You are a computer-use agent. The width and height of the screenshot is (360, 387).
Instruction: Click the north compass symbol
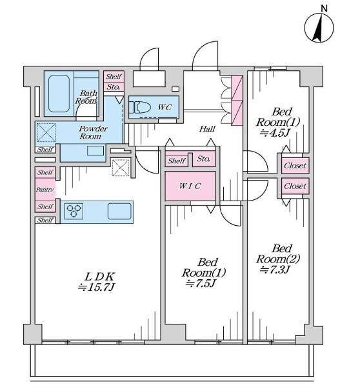(319, 27)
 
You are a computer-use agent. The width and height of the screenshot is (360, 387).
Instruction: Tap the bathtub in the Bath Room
(59, 94)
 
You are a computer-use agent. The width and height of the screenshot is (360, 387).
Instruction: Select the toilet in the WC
(140, 108)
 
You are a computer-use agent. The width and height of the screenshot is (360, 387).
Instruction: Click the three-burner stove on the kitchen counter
(74, 211)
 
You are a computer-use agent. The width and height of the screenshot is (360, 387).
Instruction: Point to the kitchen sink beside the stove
(119, 212)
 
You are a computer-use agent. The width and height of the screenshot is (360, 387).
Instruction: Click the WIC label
(190, 186)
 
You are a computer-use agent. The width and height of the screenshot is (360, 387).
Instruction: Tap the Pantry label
(45, 189)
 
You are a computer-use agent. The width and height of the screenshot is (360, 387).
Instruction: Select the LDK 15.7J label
(97, 282)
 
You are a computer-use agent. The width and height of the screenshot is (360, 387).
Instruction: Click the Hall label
(207, 128)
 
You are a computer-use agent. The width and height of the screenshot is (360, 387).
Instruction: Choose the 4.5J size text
(274, 133)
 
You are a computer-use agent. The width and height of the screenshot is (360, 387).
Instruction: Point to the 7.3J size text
(274, 270)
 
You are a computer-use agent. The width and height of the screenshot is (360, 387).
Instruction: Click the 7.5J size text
(201, 283)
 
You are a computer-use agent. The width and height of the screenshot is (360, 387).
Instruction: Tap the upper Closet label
(295, 165)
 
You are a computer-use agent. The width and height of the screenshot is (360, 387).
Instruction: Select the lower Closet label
(295, 186)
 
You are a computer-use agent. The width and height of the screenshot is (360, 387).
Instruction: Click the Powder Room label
(92, 132)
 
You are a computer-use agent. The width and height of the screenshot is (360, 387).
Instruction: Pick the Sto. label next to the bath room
(114, 87)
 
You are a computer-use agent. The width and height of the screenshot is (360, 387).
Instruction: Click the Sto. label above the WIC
(203, 159)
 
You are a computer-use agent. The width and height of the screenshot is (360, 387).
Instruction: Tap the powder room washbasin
(95, 150)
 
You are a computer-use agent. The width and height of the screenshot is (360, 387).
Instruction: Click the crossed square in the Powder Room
(46, 132)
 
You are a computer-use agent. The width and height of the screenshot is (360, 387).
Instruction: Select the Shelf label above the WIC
(176, 161)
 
